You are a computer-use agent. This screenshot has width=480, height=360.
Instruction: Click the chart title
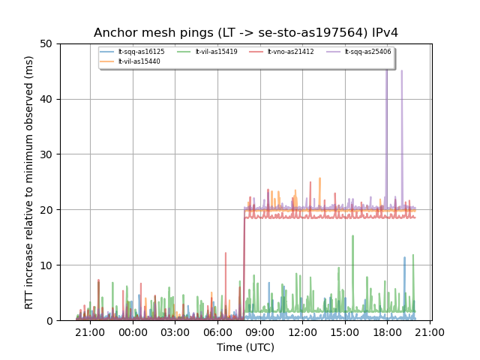pyautogui.click(x=246, y=33)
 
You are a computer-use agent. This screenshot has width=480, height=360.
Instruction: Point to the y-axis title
pyautogui.click(x=29, y=182)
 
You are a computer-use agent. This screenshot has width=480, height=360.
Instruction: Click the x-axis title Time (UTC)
pyautogui.click(x=246, y=347)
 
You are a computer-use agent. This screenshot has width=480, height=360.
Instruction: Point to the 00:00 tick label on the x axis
pyautogui.click(x=133, y=332)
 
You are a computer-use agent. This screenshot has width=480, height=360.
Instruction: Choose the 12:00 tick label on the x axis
pyautogui.click(x=302, y=332)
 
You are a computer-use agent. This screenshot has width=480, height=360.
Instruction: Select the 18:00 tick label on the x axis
pyautogui.click(x=387, y=332)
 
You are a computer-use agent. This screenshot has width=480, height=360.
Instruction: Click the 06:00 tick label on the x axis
pyautogui.click(x=217, y=332)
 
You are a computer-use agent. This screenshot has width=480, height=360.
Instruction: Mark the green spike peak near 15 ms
pyautogui.click(x=352, y=235)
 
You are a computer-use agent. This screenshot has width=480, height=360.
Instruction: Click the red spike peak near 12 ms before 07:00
pyautogui.click(x=226, y=253)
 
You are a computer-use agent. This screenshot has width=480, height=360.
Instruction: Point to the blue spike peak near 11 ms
pyautogui.click(x=405, y=258)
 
